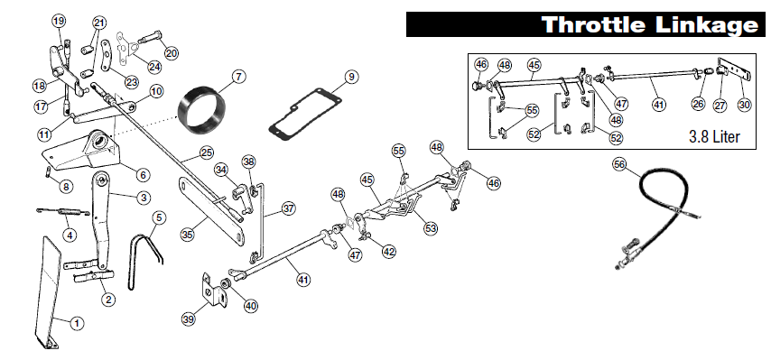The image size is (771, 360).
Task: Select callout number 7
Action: (238, 76)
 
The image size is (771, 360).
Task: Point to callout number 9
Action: (351, 76)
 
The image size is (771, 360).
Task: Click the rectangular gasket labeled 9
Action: (306, 113)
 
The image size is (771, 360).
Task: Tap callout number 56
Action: (618, 164)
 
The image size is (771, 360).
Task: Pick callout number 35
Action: (187, 234)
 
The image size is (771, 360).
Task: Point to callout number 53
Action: (431, 228)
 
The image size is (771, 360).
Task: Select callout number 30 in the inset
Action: (744, 105)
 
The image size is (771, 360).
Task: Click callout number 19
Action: (59, 21)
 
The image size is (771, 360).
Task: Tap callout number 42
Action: (389, 252)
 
